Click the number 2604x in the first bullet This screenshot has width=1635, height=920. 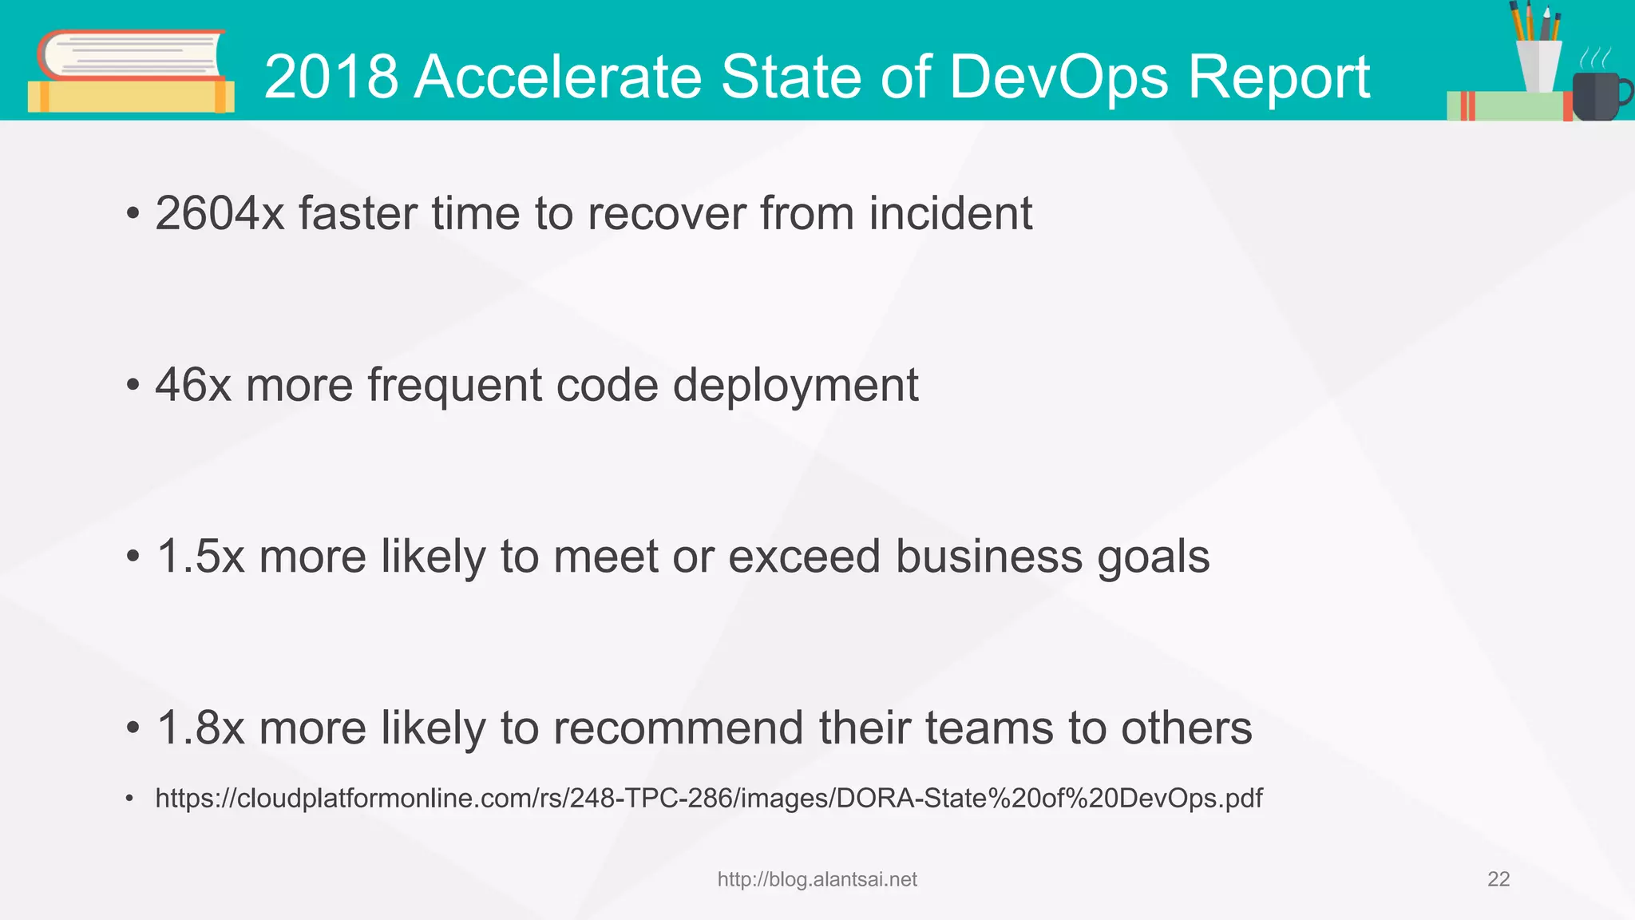[x=220, y=214]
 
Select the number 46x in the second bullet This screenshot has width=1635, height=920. [x=193, y=386]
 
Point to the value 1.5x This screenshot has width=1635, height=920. [x=200, y=557]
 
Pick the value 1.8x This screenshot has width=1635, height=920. [x=200, y=728]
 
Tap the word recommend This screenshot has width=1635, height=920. [x=678, y=728]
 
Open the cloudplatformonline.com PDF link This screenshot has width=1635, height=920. [x=708, y=798]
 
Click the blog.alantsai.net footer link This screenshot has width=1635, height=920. [x=817, y=879]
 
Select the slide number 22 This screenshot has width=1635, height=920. [x=1498, y=879]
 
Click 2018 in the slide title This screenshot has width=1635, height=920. [x=331, y=77]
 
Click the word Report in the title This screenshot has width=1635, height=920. [x=1279, y=77]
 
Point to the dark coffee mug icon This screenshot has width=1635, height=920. [x=1594, y=96]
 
